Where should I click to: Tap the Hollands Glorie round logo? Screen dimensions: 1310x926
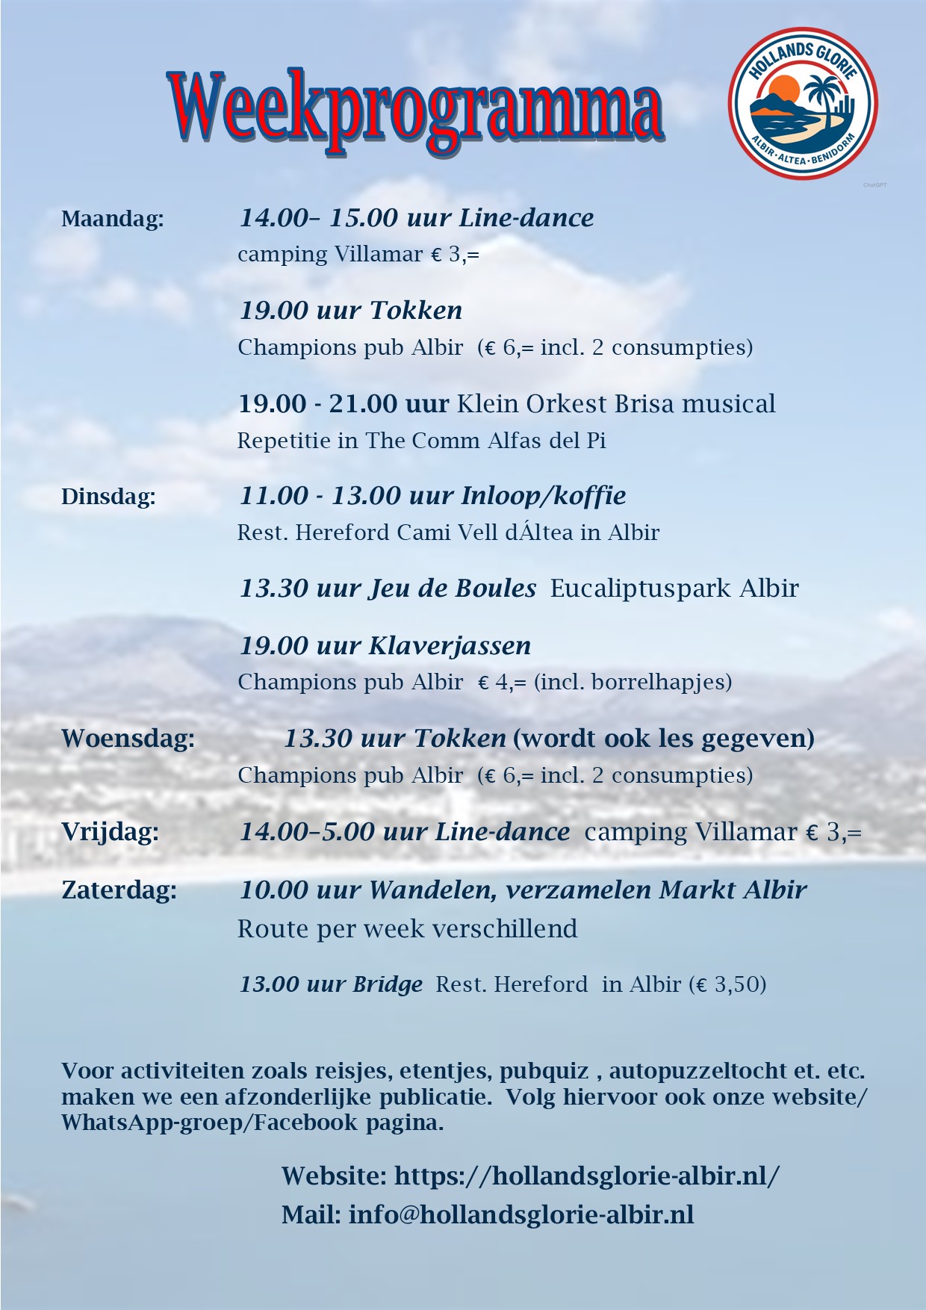coord(803,103)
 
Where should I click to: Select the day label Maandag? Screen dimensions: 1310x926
coord(113,219)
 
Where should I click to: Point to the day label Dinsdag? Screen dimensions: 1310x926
coord(109,497)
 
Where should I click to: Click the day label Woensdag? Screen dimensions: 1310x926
coord(128,739)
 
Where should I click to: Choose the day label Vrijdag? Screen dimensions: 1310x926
coord(111,832)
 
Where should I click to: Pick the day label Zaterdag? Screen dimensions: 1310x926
coord(119,890)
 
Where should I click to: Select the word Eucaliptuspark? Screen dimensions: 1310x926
coord(640,589)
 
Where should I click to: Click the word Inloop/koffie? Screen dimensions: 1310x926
coord(544,496)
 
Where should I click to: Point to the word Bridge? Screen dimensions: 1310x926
coord(388,984)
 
